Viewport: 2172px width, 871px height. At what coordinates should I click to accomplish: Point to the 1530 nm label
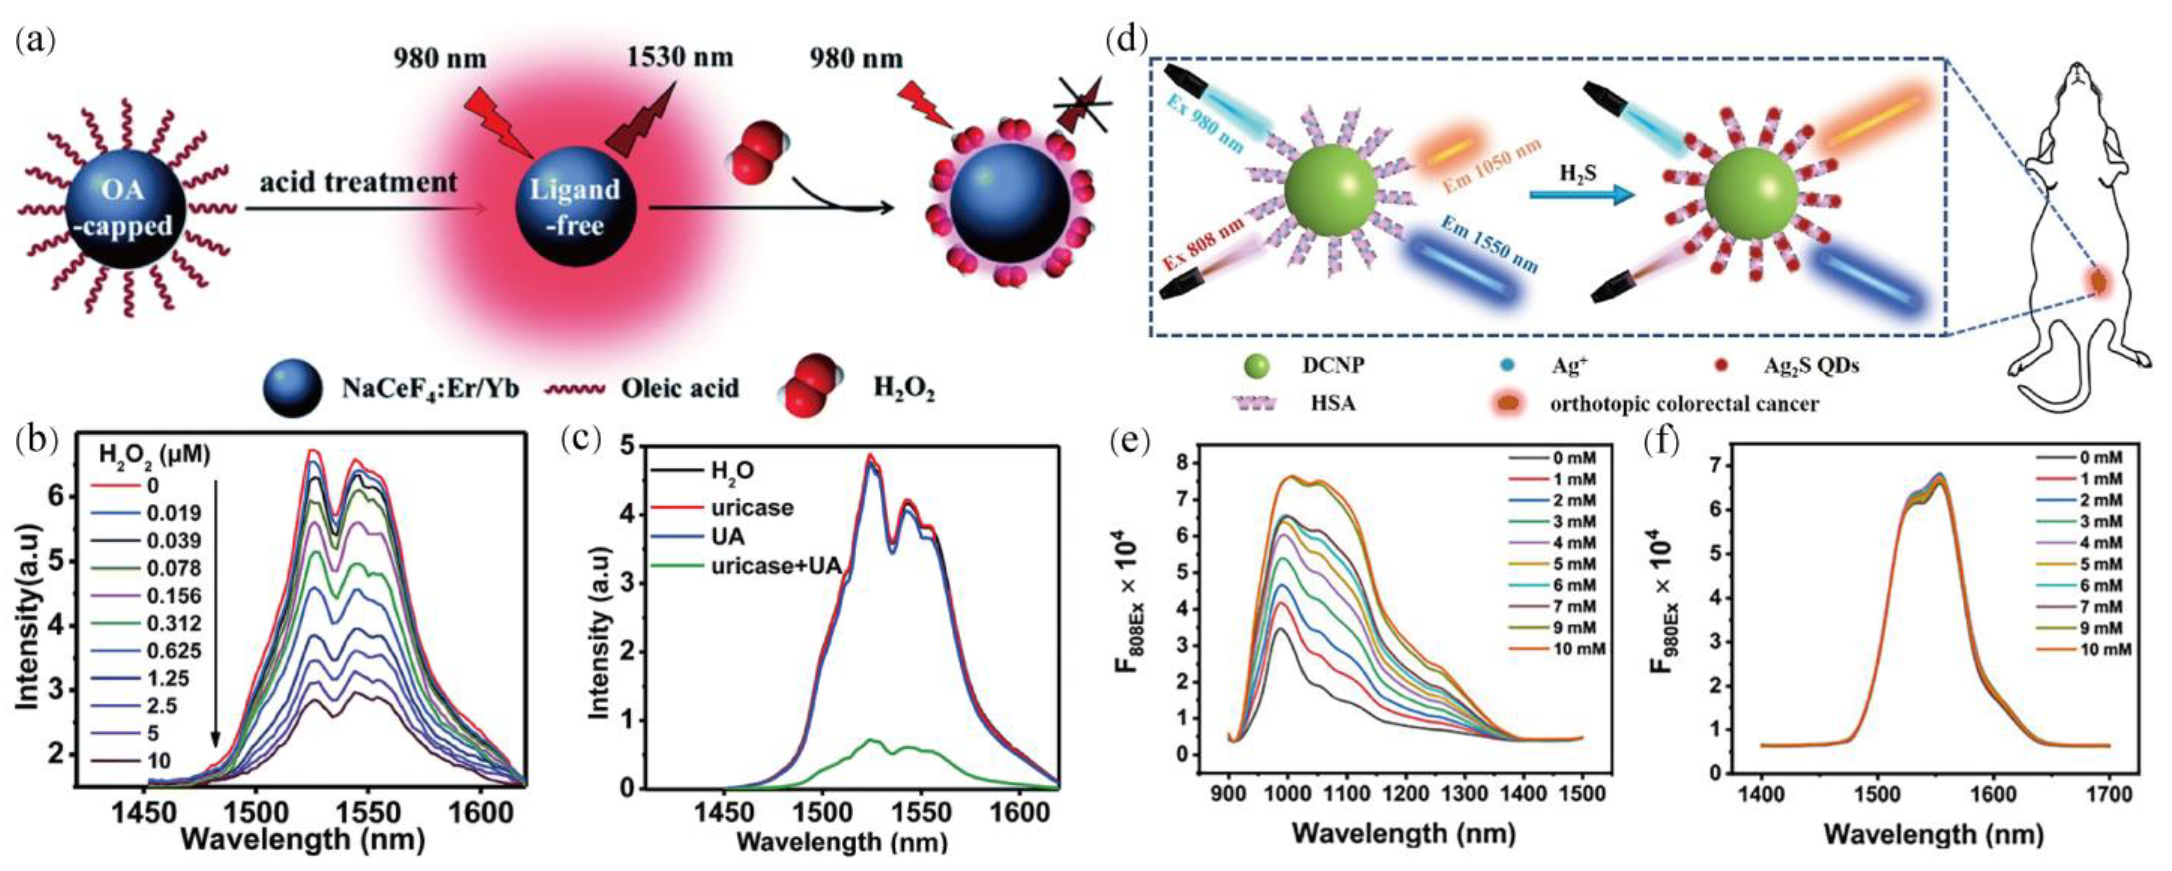click(x=680, y=58)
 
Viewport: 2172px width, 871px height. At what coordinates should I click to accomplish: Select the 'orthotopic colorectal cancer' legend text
click(x=1684, y=404)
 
